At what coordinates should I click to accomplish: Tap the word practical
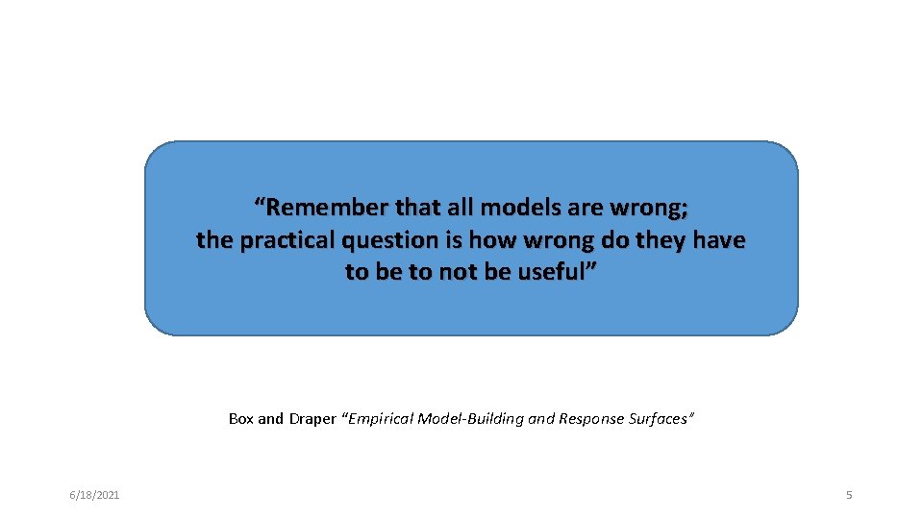(x=285, y=239)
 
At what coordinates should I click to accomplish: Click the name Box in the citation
(x=241, y=418)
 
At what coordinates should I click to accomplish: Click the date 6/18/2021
(x=94, y=495)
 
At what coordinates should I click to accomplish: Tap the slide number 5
(x=849, y=495)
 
